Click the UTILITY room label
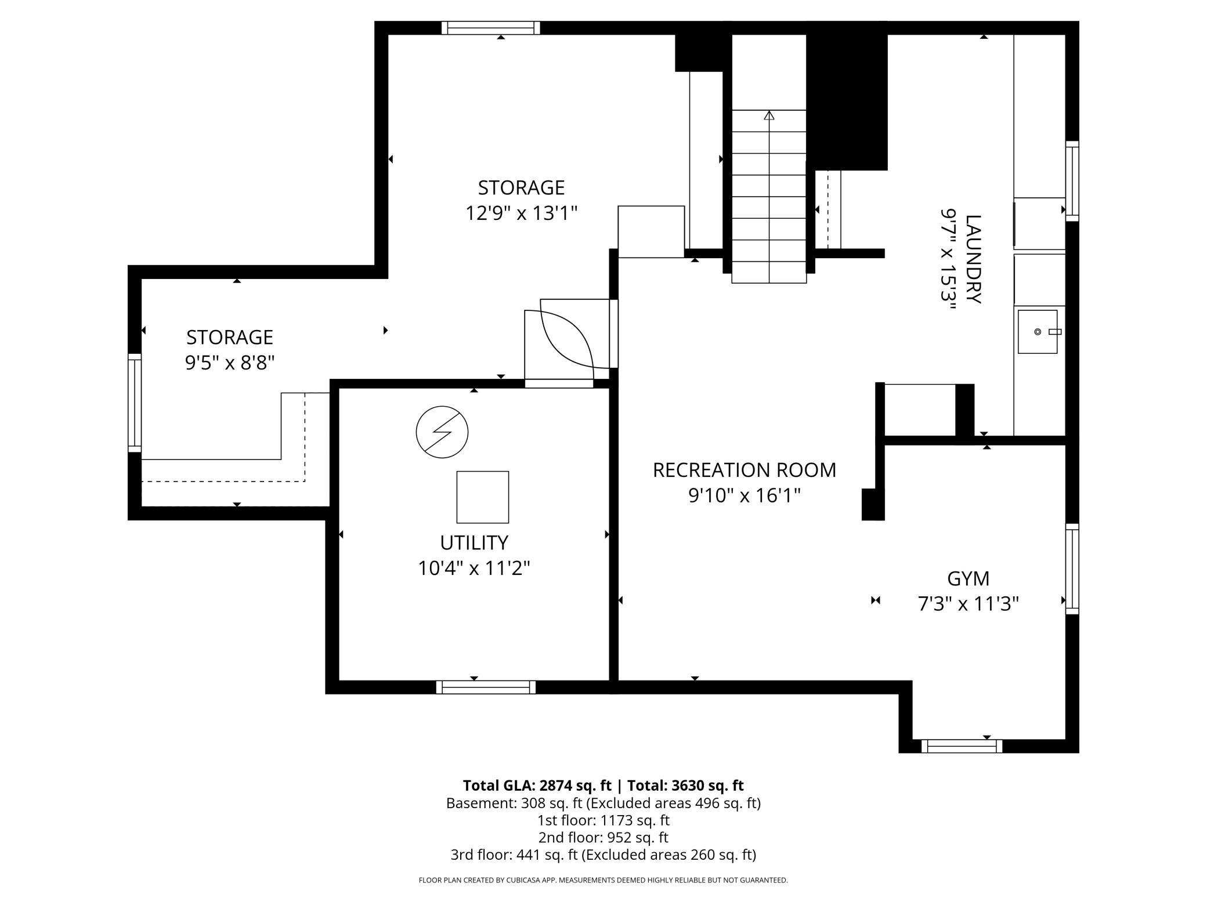(x=474, y=542)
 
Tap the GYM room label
(x=968, y=578)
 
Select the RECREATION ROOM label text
(x=745, y=470)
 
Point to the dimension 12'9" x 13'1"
(x=521, y=213)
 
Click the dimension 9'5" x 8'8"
(x=229, y=363)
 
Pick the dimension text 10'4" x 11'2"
(x=474, y=568)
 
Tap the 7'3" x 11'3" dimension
(x=968, y=604)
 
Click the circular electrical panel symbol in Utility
(x=442, y=432)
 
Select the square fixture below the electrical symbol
(x=483, y=497)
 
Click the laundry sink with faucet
(x=1038, y=332)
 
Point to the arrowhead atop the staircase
(x=769, y=115)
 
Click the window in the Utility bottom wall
(x=486, y=687)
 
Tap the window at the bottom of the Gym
(x=962, y=746)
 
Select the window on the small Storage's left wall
(x=135, y=403)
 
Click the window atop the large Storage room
(x=490, y=28)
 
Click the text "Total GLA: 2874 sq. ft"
(x=537, y=785)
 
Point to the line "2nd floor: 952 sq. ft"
(x=603, y=838)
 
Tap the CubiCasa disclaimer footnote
(x=603, y=881)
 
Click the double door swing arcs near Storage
(x=566, y=336)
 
